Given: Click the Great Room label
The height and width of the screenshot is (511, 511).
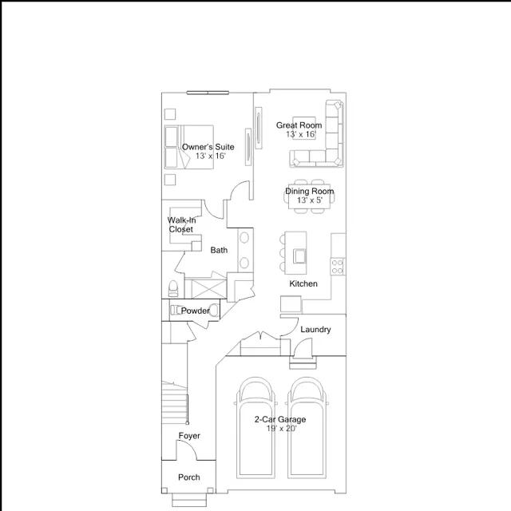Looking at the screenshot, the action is point(299,125).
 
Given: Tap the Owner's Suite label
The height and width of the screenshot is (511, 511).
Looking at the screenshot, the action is point(208,147).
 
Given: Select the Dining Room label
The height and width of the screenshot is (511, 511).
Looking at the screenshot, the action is point(310,192).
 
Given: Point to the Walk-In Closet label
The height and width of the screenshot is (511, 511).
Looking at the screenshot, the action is point(181,225).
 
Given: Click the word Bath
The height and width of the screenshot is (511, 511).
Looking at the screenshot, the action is point(219,250).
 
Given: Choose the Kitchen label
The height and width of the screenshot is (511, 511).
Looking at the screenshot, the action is point(303,284).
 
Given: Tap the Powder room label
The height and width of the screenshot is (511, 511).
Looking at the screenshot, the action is point(195,311).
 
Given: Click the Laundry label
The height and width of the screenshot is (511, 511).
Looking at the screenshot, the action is point(315,330).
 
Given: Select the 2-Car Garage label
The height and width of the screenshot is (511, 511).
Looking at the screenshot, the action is point(280,419).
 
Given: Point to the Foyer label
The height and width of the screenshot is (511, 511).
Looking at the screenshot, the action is point(189,436).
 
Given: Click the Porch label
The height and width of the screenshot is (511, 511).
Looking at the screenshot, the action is point(189,477).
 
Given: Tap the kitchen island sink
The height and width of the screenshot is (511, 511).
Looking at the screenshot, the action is point(299,255).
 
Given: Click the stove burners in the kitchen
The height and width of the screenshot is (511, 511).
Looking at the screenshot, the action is point(338,267).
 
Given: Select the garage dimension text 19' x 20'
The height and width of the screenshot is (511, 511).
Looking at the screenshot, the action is point(282,429).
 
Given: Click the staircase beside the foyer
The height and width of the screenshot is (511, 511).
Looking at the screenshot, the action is point(175,402).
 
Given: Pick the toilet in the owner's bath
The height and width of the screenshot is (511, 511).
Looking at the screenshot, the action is point(173,289).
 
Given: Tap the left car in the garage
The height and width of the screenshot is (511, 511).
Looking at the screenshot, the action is point(255,428).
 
